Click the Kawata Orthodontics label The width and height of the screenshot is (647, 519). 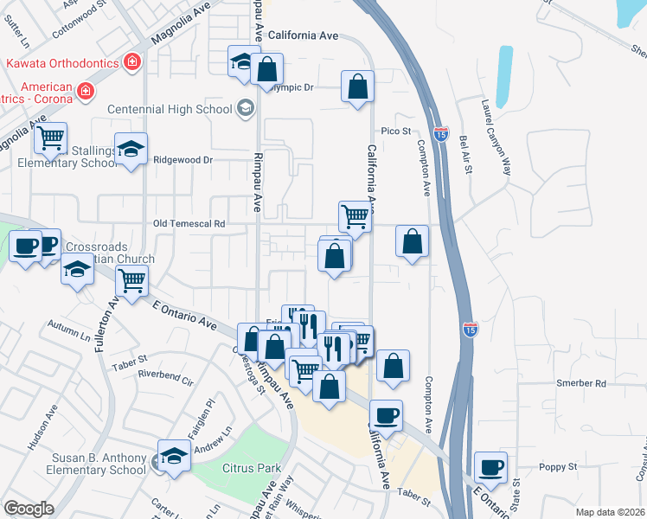tap(62, 63)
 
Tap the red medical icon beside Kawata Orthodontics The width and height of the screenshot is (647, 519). tap(131, 63)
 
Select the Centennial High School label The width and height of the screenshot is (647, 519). tap(169, 109)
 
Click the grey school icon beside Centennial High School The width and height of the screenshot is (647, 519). tap(245, 109)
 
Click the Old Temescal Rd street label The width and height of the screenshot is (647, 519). tap(189, 223)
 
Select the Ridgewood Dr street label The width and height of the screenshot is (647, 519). tap(182, 160)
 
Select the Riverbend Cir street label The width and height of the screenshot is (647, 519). tap(166, 376)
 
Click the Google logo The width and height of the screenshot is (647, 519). tap(29, 509)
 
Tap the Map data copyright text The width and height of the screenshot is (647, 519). tap(610, 512)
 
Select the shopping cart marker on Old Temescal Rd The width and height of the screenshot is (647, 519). tap(355, 215)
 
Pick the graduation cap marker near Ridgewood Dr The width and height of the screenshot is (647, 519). tap(131, 149)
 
